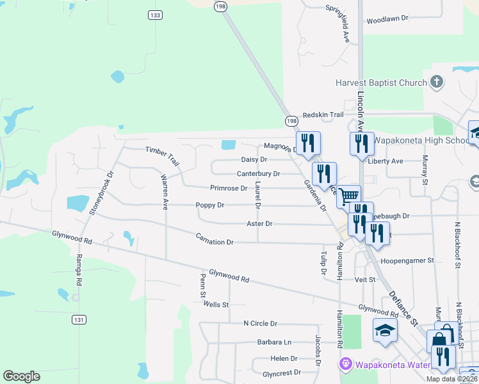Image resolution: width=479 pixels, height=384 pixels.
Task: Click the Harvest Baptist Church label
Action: (x=382, y=83)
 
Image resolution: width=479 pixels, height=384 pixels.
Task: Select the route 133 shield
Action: (x=154, y=15)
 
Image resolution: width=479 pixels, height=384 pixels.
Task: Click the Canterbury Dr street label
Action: (x=259, y=173)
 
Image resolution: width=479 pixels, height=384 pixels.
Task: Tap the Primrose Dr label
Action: (x=229, y=188)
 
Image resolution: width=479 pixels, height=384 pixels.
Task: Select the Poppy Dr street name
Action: (x=210, y=205)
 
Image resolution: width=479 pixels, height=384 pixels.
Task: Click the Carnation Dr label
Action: (x=215, y=242)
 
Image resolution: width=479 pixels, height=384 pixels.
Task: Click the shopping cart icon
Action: (x=349, y=196)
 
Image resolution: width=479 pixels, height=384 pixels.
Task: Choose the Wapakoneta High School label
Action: (x=421, y=141)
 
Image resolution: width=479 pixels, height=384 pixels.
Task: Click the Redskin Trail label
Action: (x=323, y=114)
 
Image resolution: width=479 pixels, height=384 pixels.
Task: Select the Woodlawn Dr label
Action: (x=387, y=20)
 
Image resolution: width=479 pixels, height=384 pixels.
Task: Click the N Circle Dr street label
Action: (x=260, y=324)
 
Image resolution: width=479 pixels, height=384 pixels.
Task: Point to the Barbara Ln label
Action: (x=274, y=342)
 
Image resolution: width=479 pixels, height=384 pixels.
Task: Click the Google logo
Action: (x=21, y=376)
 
